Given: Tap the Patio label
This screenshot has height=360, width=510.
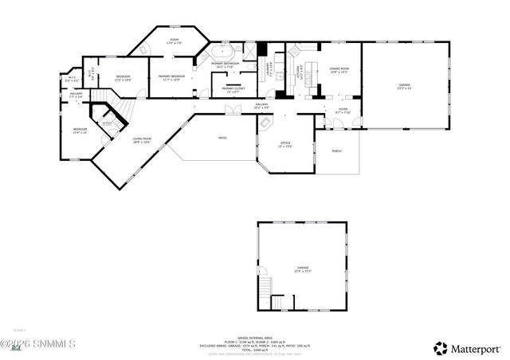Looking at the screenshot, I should point(222,138).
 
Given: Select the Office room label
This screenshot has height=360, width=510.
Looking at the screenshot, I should point(285,144).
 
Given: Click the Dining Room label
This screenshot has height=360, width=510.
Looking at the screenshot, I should point(339,71).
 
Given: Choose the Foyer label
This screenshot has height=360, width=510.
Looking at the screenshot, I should point(343,111).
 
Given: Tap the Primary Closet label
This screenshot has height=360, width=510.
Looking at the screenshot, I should point(233,90).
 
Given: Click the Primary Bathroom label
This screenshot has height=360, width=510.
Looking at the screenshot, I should point(225,65).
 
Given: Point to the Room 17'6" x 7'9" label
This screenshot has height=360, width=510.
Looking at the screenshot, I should point(174,41).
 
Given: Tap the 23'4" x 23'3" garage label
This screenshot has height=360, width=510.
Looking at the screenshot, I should point(303,269).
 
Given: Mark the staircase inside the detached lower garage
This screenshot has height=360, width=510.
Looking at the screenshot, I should point(277,303).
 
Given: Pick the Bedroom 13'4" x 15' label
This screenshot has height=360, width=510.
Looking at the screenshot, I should point(80,131).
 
